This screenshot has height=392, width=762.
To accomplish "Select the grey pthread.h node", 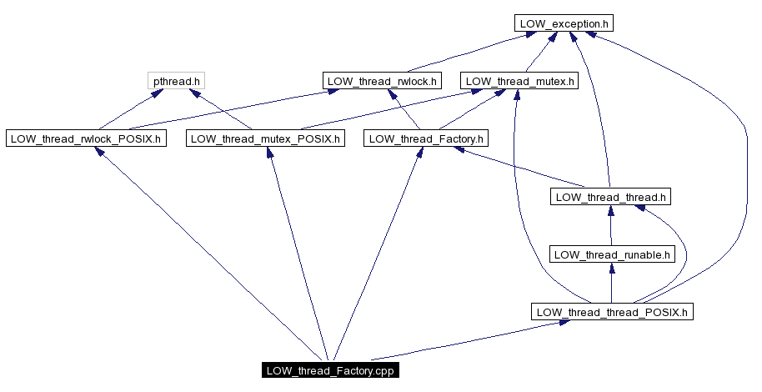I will (x=177, y=81).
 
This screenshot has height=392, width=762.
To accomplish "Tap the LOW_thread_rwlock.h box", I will (x=382, y=81).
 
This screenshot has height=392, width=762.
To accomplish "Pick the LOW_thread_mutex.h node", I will (x=520, y=81).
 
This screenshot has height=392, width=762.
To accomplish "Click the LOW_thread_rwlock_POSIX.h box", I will (x=85, y=138).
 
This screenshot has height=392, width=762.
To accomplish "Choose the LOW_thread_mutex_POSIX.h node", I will (x=265, y=138).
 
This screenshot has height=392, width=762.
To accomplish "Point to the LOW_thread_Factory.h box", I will (x=426, y=138).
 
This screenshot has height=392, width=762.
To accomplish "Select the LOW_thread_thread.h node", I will (x=611, y=197).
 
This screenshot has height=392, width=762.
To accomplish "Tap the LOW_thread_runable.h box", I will (x=612, y=254).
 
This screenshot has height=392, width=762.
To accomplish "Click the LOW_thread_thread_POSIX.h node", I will (x=612, y=312).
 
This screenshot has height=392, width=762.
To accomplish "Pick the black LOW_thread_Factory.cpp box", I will (x=328, y=370).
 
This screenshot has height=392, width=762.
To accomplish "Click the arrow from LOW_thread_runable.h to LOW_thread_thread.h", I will (x=611, y=227).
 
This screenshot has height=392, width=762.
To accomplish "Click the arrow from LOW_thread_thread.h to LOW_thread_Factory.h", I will (x=525, y=170).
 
